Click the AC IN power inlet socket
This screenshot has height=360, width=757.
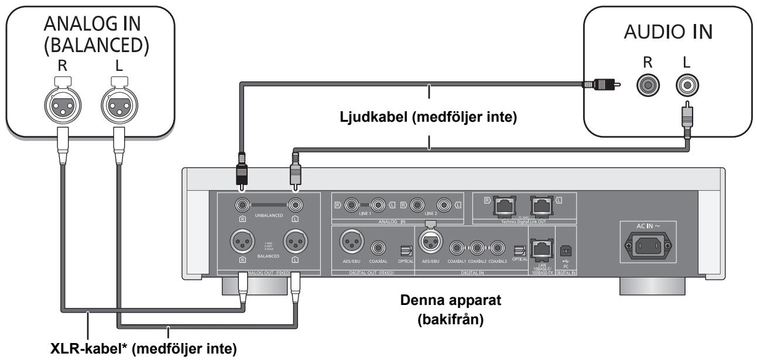coord(646,246)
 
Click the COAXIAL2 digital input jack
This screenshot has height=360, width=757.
coord(478,248)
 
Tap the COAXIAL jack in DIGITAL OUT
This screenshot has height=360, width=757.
coord(377,247)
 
